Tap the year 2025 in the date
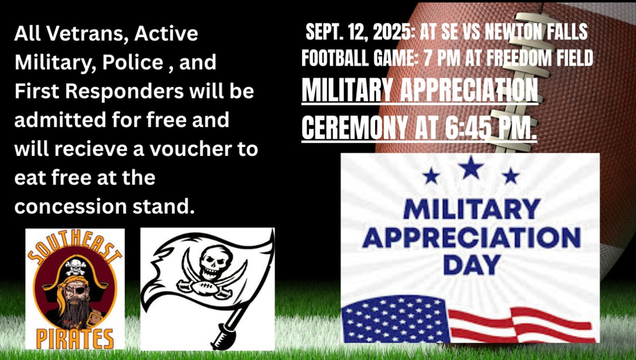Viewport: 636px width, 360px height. click(392, 32)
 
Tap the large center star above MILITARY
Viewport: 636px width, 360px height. click(471, 168)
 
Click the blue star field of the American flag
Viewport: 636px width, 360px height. click(396, 319)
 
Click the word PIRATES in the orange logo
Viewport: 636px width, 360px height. click(74, 338)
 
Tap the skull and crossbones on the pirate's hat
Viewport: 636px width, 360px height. click(76, 267)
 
